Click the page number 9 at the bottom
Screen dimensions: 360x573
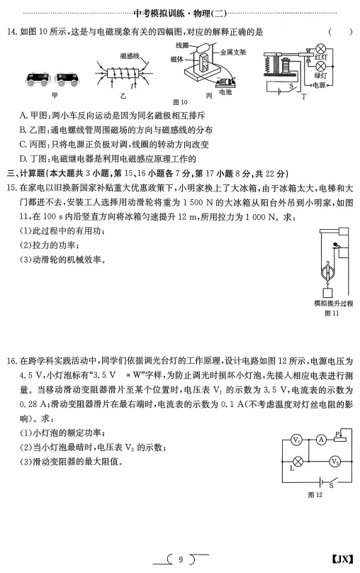pyautogui.click(x=181, y=560)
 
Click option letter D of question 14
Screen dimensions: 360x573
pyautogui.click(x=24, y=158)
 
